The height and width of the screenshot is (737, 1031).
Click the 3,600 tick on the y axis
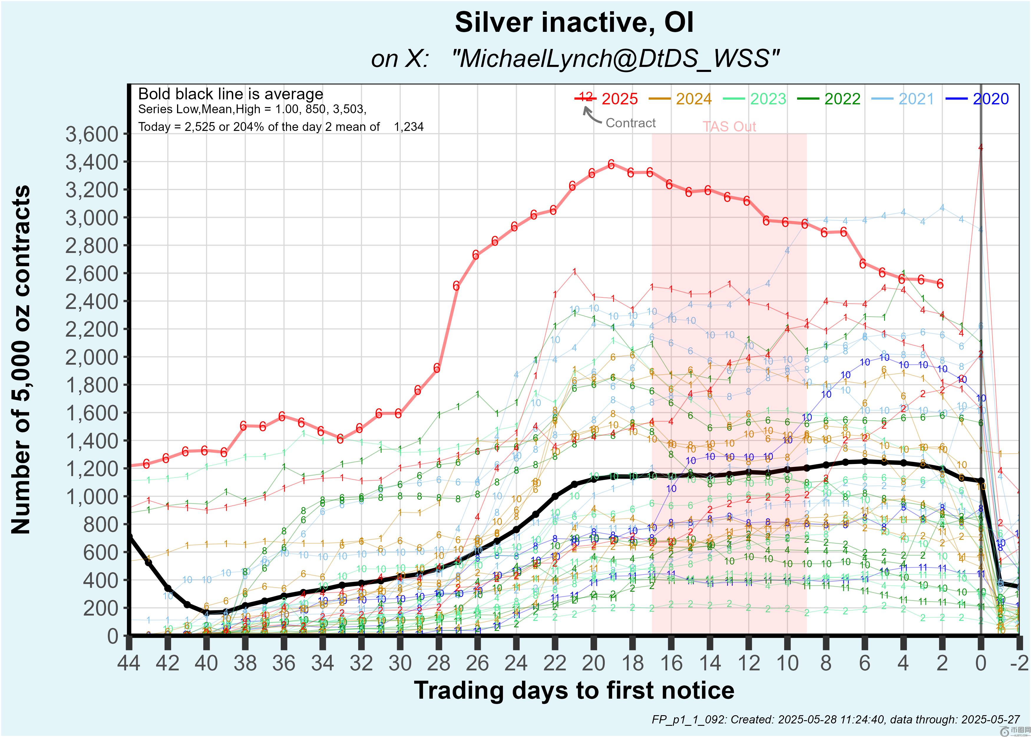[x=92, y=134]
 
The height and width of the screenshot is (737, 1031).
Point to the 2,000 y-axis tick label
[x=92, y=358]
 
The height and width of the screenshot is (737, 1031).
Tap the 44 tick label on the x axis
[x=129, y=664]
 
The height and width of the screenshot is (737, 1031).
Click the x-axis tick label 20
[x=594, y=664]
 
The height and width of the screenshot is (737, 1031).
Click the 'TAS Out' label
[x=729, y=126]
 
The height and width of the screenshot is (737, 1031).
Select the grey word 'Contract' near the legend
[x=630, y=123]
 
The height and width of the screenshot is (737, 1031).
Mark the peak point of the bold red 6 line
[x=611, y=164]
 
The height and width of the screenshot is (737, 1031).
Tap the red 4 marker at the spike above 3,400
[x=981, y=147]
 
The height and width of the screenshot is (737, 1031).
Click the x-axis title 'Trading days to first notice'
[x=574, y=691]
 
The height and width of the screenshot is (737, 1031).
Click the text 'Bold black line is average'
[x=230, y=94]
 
